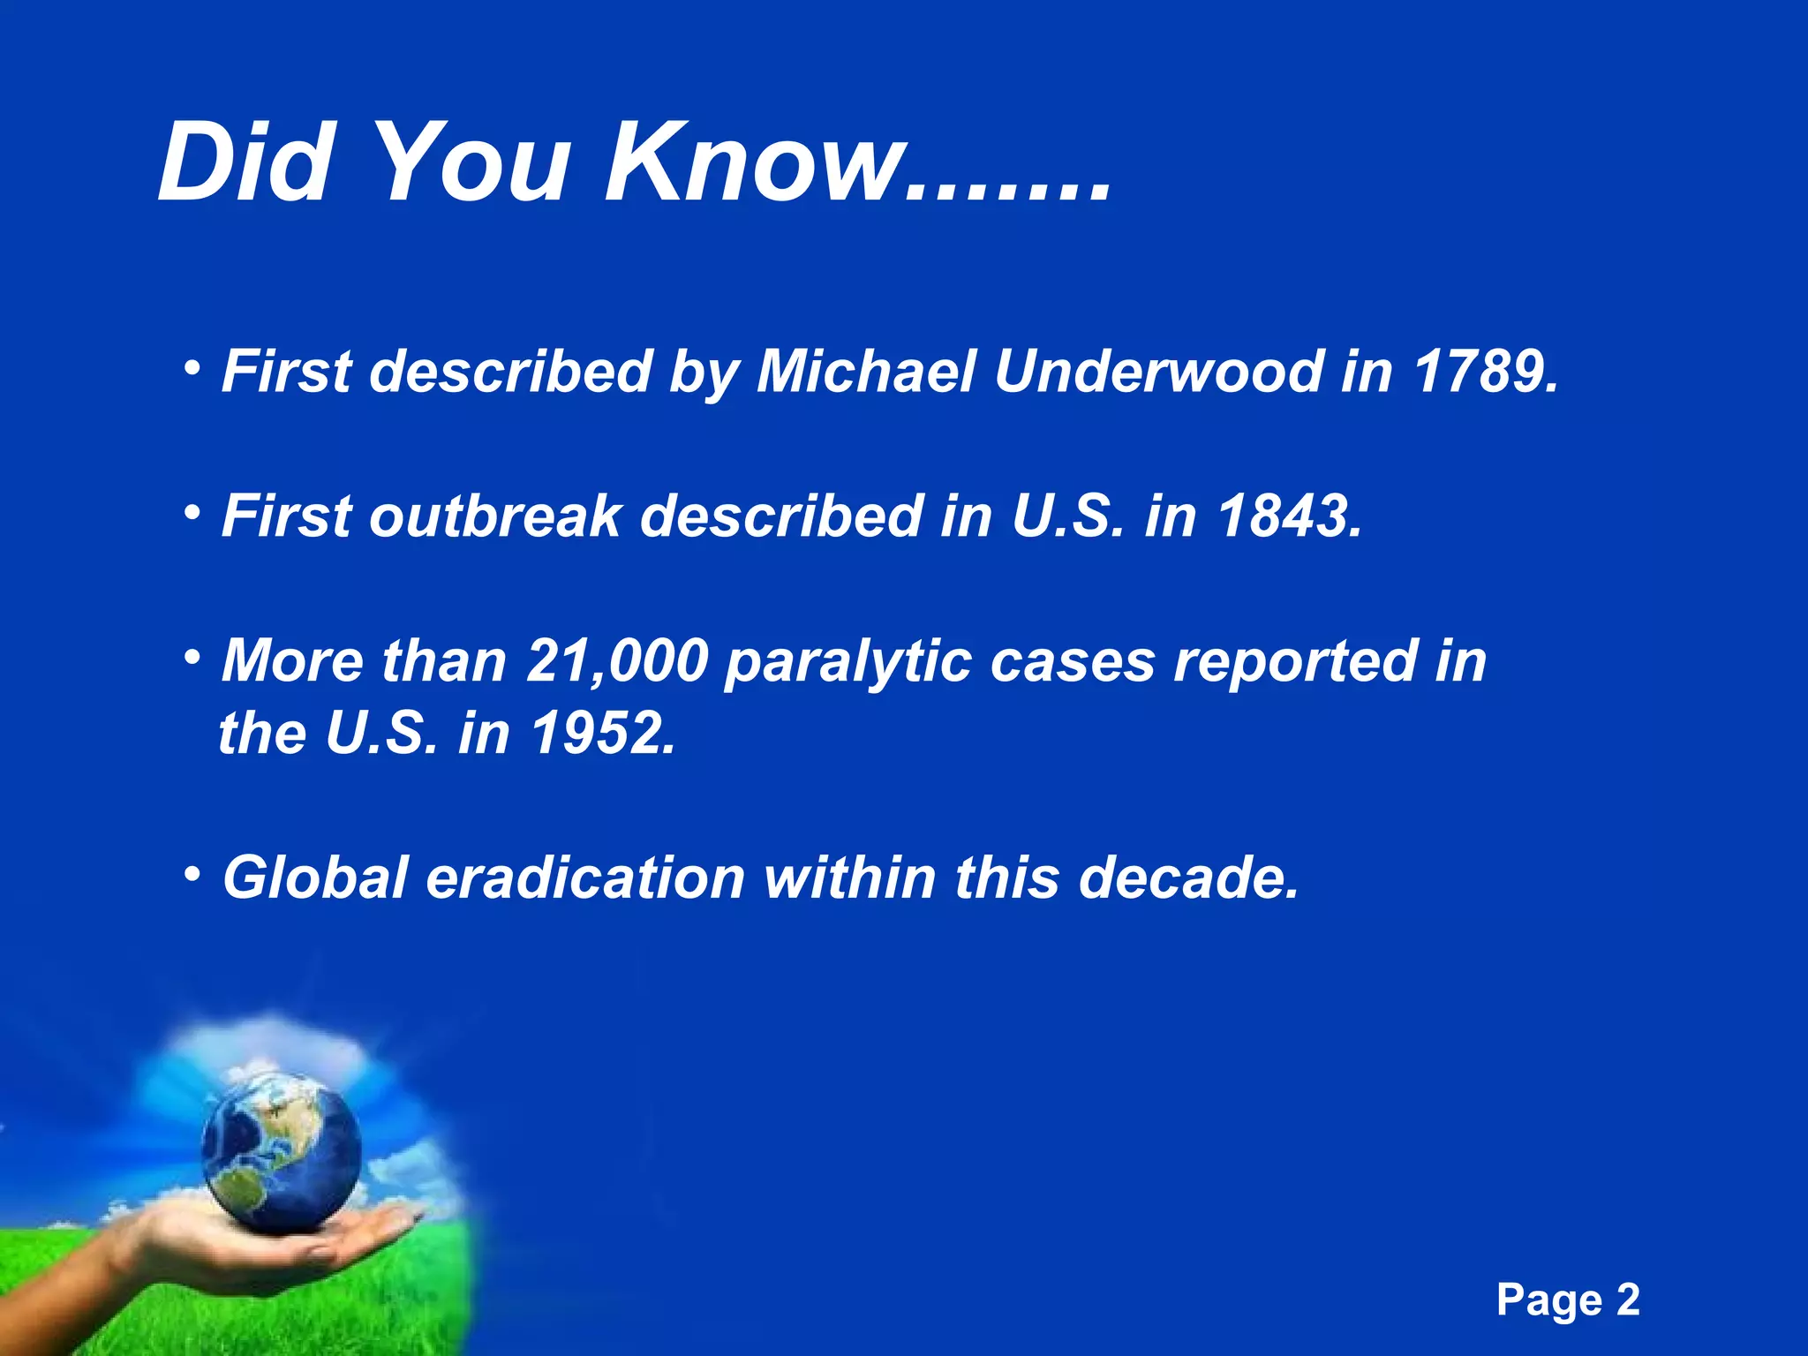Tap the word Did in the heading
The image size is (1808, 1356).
coord(244,163)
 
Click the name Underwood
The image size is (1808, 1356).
coord(1156,371)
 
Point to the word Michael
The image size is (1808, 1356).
coord(865,371)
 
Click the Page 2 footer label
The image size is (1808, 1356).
coord(1568,1300)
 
